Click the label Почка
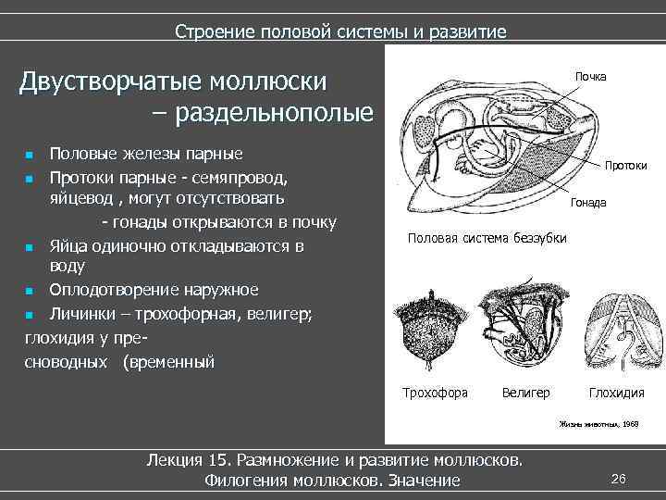coord(590,76)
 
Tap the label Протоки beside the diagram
coord(625,166)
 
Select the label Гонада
coord(588,202)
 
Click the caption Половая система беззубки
coord(487,239)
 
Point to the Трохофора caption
coord(435,393)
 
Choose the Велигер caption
coord(525,393)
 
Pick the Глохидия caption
coord(616,393)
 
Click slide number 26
coord(619,478)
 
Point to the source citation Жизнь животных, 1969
coord(598,423)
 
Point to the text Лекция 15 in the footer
coord(189,459)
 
